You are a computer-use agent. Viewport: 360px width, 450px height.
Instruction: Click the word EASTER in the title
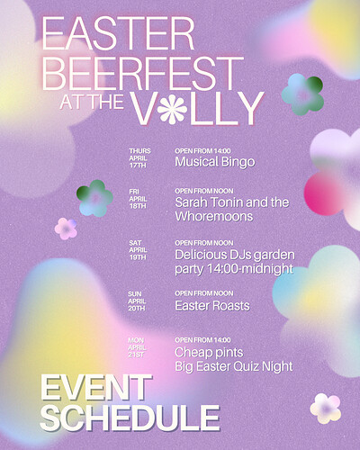[x=118, y=33]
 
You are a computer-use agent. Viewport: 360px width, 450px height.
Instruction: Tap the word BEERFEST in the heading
[x=143, y=74]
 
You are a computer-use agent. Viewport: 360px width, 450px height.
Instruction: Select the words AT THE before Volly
[x=92, y=102]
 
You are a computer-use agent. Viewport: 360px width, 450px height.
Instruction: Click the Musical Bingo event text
[x=215, y=162]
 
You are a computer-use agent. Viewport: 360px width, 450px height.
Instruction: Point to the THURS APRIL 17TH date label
[x=139, y=158]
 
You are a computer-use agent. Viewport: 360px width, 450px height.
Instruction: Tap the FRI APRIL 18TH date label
[x=138, y=199]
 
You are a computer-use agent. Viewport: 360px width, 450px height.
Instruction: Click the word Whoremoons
[x=214, y=216]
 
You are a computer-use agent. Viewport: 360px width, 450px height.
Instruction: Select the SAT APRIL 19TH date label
[x=138, y=250]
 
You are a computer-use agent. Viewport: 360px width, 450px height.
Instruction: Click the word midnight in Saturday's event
[x=268, y=268]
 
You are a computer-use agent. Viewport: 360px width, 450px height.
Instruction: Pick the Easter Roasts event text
[x=212, y=306]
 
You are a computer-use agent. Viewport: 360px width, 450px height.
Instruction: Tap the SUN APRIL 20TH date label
[x=137, y=301]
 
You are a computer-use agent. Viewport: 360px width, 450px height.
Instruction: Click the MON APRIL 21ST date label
[x=137, y=347]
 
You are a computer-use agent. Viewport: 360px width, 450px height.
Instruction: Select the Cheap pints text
[x=209, y=353]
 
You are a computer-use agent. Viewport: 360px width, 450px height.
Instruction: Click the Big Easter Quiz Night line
[x=234, y=367]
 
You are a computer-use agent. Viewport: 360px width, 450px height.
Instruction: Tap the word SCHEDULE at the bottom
[x=130, y=418]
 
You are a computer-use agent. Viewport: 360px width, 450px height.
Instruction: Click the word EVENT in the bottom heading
[x=96, y=388]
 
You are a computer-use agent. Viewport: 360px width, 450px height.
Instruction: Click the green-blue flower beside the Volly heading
[x=302, y=94]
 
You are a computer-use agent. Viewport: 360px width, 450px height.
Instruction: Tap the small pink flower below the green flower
[x=66, y=229]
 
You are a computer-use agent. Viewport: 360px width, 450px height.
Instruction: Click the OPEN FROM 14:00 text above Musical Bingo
[x=202, y=151]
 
